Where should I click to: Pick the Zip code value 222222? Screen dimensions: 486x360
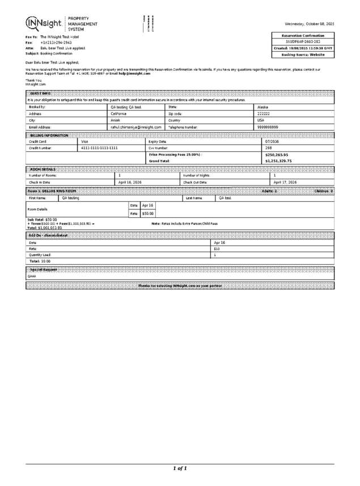point(264,113)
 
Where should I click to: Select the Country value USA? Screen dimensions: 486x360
point(261,120)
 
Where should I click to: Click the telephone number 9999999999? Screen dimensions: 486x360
point(268,128)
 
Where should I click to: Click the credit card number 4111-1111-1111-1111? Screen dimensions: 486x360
point(99,147)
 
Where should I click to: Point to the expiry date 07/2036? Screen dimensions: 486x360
point(272,141)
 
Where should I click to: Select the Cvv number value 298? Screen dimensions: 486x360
point(269,147)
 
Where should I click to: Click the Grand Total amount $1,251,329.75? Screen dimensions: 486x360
point(278,161)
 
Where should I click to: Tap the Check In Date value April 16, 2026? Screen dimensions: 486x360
point(129,182)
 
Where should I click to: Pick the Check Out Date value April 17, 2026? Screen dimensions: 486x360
point(286,182)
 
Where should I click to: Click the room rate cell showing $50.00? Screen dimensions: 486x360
point(148,213)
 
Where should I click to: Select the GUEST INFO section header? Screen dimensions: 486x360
point(41,93)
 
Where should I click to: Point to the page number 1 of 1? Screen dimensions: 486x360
point(180,468)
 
